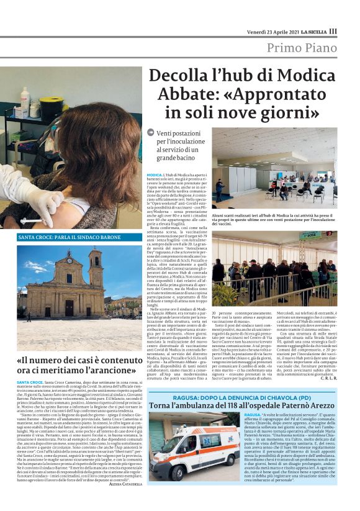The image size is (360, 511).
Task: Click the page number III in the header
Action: click(x=351, y=31)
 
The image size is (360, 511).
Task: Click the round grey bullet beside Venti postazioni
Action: click(x=151, y=132)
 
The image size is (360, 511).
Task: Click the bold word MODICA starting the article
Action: click(x=155, y=176)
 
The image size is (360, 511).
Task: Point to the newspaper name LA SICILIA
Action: click(x=326, y=32)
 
